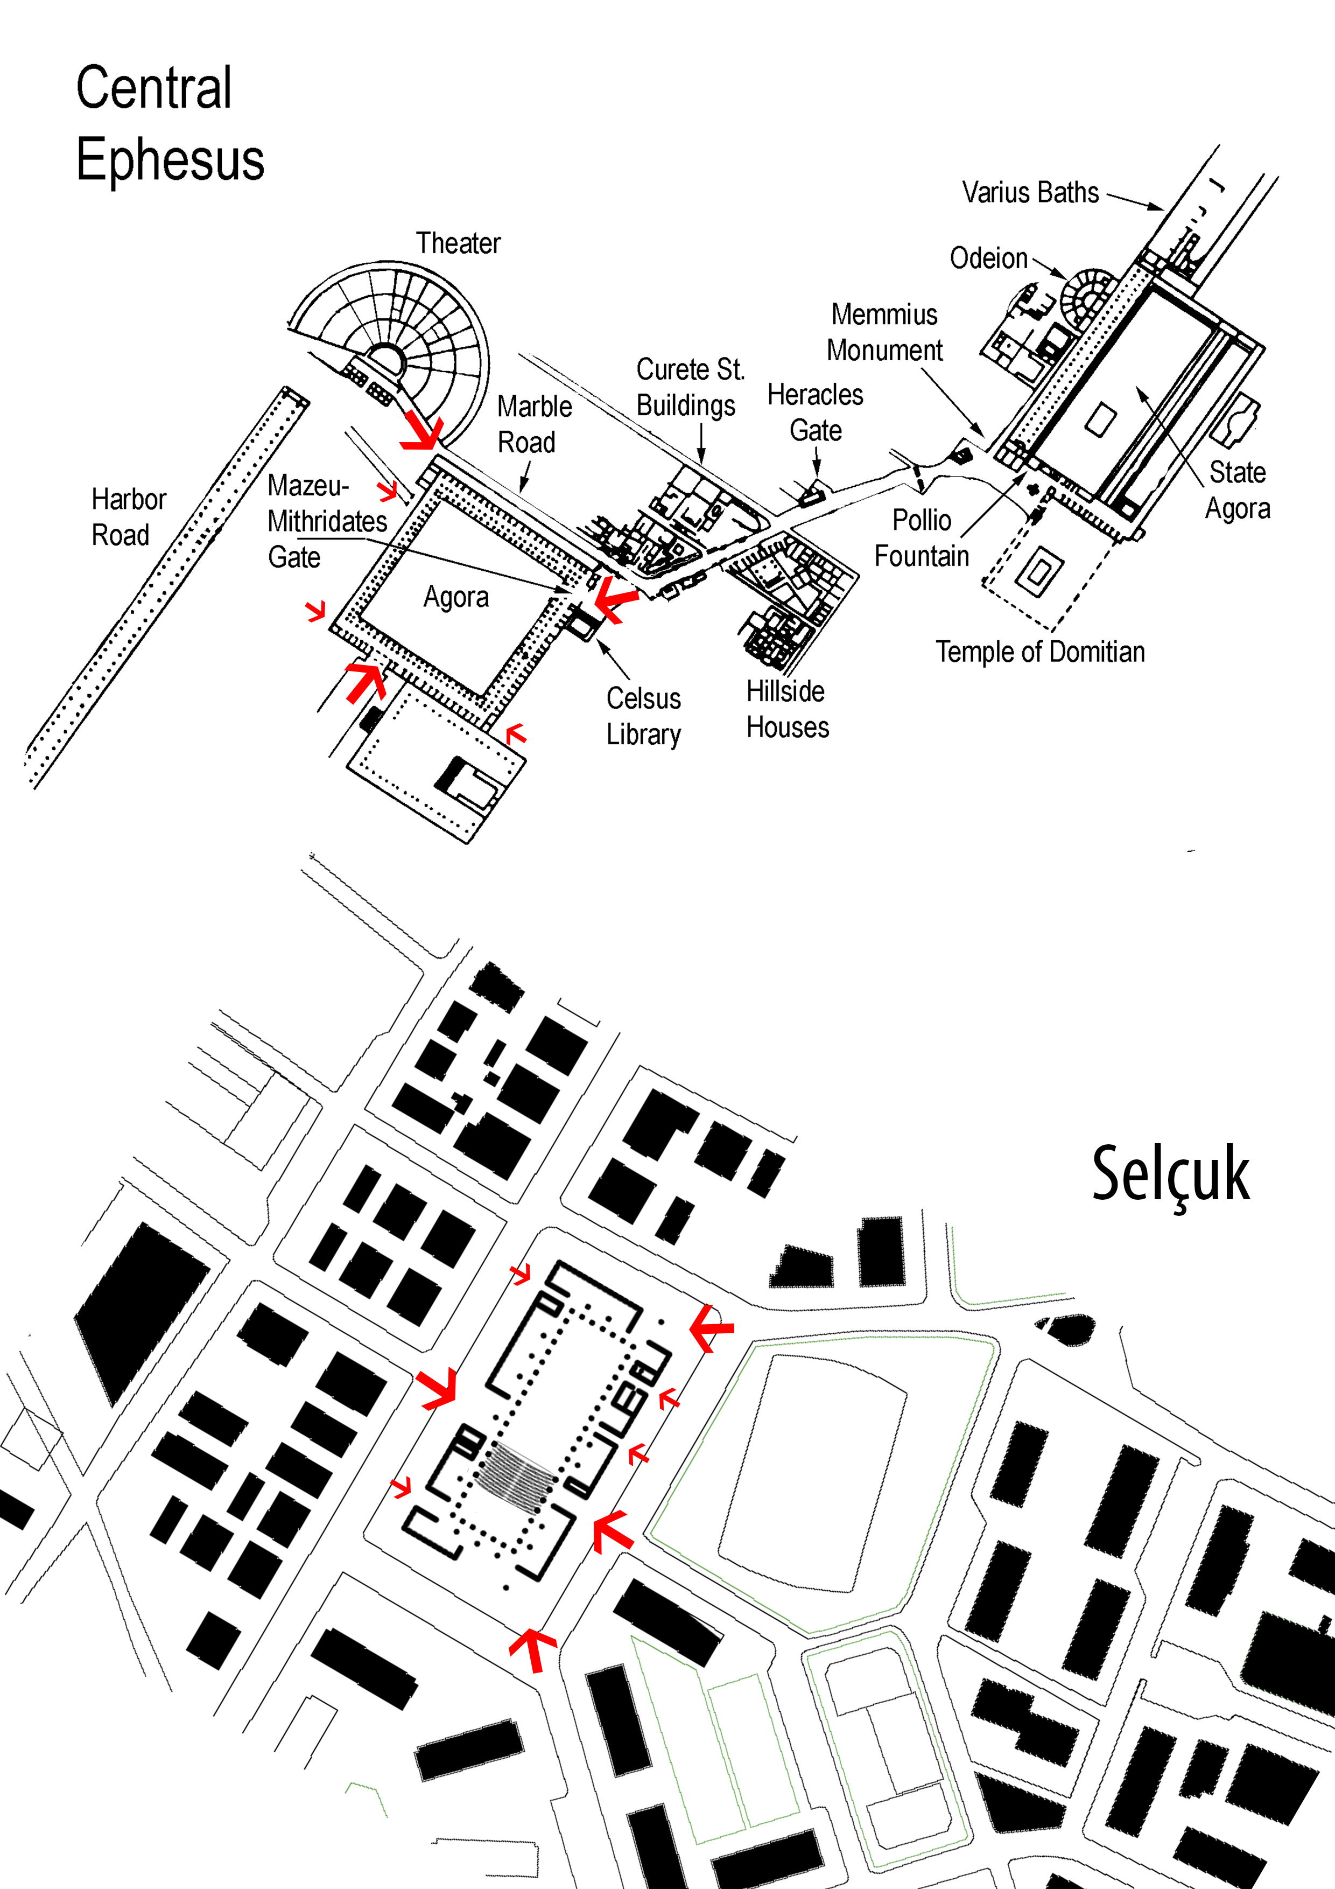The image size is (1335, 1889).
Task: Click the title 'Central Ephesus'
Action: (x=170, y=123)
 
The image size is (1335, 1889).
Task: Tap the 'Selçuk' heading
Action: (x=1170, y=1175)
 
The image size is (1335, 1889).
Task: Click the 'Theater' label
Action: (x=458, y=243)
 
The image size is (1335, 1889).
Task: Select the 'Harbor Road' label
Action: (x=128, y=517)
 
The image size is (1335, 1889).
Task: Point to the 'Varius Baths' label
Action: (x=1030, y=193)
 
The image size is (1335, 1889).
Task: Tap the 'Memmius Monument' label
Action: (x=884, y=332)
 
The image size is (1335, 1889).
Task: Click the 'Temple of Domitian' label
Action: (x=1039, y=652)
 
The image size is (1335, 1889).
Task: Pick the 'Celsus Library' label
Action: (x=643, y=716)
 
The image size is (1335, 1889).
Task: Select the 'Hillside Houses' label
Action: (x=787, y=709)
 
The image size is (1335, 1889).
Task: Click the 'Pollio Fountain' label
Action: (x=921, y=538)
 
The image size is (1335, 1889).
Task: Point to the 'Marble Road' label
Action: (x=534, y=424)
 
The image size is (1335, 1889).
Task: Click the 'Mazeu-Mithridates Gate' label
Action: (x=327, y=521)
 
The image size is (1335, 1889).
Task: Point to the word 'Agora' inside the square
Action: (x=456, y=597)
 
